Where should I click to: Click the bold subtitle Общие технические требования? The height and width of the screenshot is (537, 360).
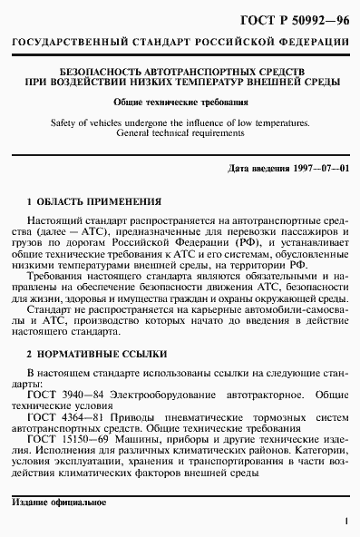pyautogui.click(x=180, y=102)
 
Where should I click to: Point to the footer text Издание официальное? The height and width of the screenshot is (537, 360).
pyautogui.click(x=59, y=502)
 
